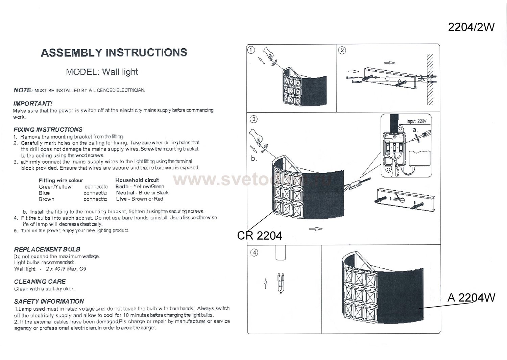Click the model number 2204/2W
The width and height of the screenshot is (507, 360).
click(x=471, y=27)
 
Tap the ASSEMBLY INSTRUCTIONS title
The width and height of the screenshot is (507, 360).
click(x=114, y=52)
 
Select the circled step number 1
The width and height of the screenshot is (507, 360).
click(x=251, y=50)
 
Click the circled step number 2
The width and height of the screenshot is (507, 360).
click(x=342, y=50)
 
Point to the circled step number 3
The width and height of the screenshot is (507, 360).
click(x=254, y=119)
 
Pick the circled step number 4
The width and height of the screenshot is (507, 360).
click(x=255, y=253)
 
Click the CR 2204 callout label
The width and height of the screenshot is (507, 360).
click(x=260, y=236)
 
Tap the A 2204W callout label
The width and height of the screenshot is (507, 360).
click(x=472, y=297)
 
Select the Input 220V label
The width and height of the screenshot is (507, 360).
click(x=416, y=121)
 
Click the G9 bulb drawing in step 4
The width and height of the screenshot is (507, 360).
click(x=281, y=283)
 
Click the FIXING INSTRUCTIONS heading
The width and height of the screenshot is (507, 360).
click(x=48, y=130)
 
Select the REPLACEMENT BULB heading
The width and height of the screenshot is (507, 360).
click(x=47, y=249)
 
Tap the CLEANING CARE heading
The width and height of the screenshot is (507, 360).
click(x=40, y=282)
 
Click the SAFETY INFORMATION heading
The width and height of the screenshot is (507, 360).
click(x=49, y=302)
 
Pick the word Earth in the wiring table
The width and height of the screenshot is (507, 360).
click(x=122, y=187)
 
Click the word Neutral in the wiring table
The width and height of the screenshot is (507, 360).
click(x=125, y=193)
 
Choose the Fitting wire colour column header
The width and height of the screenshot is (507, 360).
click(x=61, y=181)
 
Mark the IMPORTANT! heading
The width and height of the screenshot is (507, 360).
click(x=33, y=104)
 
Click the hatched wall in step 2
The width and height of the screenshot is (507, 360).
click(x=430, y=79)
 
